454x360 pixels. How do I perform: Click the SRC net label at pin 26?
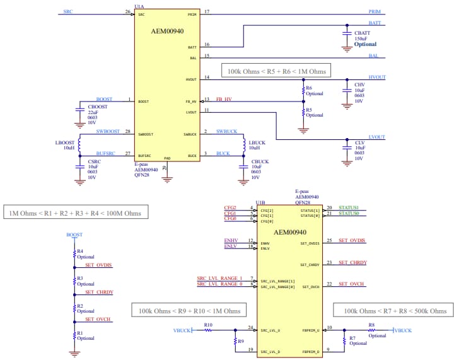pyautogui.click(x=67, y=12)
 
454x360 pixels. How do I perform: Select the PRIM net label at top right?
pyautogui.click(x=375, y=12)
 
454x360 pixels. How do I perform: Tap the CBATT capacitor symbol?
pyautogui.click(x=346, y=31)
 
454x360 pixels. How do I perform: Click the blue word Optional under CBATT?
pyautogui.click(x=365, y=44)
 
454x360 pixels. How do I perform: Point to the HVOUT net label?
pyautogui.click(x=376, y=77)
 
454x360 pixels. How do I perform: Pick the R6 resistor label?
pyautogui.click(x=309, y=88)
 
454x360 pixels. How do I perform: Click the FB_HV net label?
pyautogui.click(x=224, y=99)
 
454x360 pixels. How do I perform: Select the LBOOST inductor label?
pyautogui.click(x=65, y=143)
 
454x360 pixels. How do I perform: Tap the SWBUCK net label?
pyautogui.click(x=226, y=131)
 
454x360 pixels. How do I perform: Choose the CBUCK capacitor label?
pyautogui.click(x=260, y=162)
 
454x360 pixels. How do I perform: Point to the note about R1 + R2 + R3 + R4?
pyautogui.click(x=75, y=213)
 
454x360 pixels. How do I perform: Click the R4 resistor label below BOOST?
pyautogui.click(x=80, y=251)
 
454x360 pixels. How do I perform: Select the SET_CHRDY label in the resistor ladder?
pyautogui.click(x=99, y=293)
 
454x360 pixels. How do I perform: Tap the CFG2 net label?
pyautogui.click(x=230, y=208)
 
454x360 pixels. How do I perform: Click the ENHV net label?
pyautogui.click(x=230, y=241)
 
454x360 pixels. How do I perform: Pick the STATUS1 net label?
pyautogui.click(x=348, y=208)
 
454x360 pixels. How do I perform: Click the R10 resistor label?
pyautogui.click(x=208, y=325)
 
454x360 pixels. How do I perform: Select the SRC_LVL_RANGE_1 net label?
pyautogui.click(x=219, y=278)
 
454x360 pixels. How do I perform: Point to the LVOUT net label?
pyautogui.click(x=376, y=137)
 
